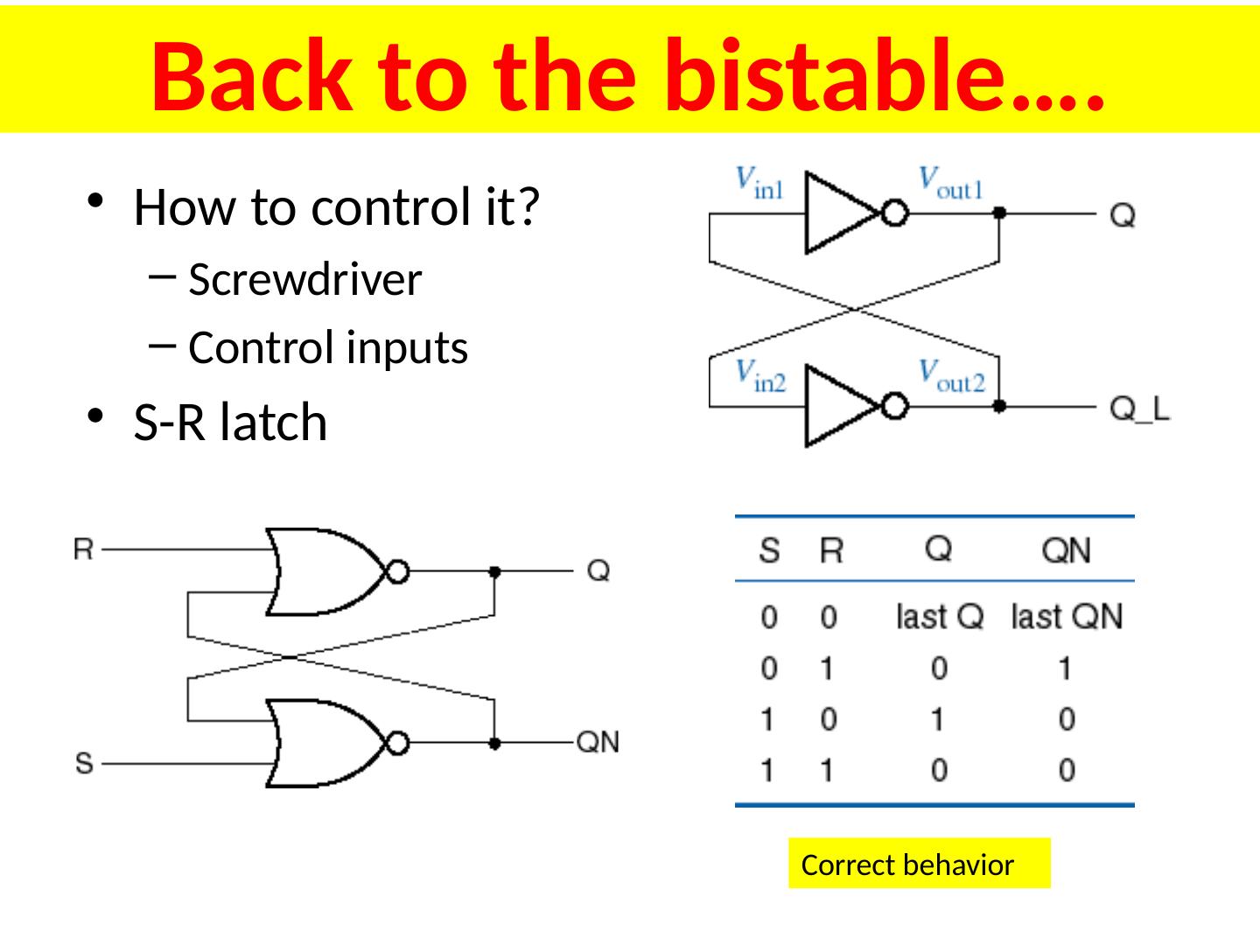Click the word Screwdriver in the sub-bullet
pos(304,280)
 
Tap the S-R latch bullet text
pos(230,423)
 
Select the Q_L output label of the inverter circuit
pos(1139,409)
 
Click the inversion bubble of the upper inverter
pos(893,213)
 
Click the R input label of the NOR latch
pos(83,549)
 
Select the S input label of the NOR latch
pos(83,763)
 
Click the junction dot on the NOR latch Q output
pos(494,571)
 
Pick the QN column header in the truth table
pos(1067,550)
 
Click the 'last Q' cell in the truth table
pos(939,617)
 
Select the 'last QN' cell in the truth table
pos(1067,617)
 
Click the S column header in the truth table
pos(768,551)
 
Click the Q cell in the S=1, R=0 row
pos(938,719)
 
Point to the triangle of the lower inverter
pos(836,407)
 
